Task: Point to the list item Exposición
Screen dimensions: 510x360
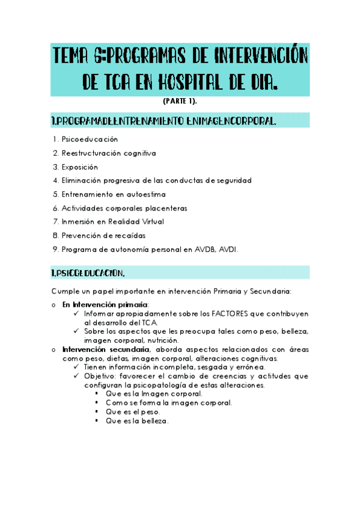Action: [x=79, y=167]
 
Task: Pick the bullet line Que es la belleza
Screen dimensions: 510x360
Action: [x=137, y=421]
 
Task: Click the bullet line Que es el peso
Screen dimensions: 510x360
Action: [x=133, y=412]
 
